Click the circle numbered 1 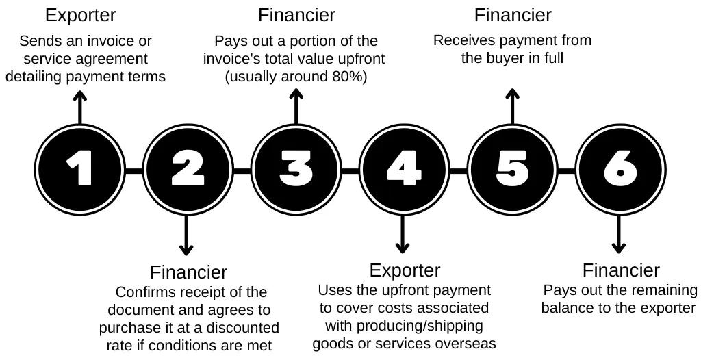pos(80,168)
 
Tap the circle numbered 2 pos(188,168)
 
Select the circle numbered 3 pos(296,168)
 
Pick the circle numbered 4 pos(404,168)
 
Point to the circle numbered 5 pos(512,168)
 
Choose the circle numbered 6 pos(620,168)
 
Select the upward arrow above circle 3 pos(296,107)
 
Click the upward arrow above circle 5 pos(512,107)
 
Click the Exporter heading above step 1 pos(80,15)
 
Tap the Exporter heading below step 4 pos(405,270)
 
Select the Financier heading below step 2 pos(188,272)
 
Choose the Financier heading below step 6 pos(621,270)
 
